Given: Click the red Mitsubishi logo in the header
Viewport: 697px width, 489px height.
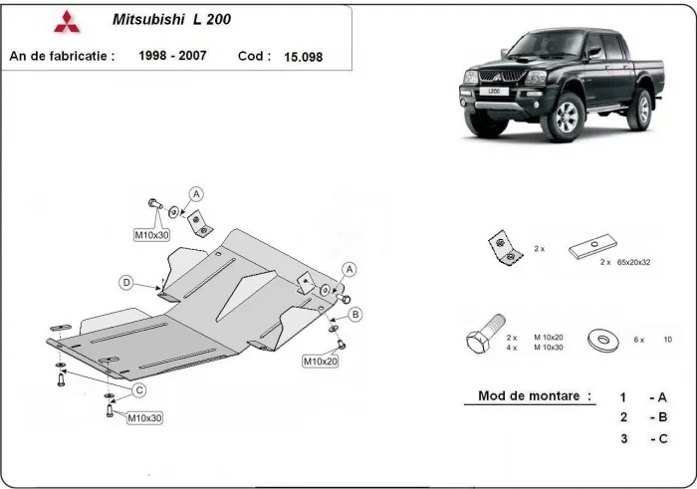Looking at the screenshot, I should [63, 21].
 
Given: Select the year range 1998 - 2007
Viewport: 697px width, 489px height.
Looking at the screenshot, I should [172, 56].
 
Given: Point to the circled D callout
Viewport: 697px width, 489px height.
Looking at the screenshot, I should [127, 283].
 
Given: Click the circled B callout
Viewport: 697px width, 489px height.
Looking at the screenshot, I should [355, 315].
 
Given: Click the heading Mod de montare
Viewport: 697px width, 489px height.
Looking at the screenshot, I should [528, 395].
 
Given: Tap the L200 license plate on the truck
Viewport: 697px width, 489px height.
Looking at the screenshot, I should [494, 92].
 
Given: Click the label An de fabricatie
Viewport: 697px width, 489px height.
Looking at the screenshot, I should [62, 56].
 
